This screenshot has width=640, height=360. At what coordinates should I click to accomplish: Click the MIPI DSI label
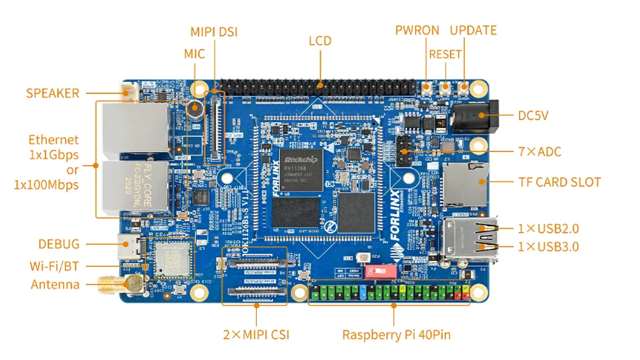click(x=213, y=32)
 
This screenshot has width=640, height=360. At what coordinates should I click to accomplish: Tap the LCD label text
click(x=320, y=40)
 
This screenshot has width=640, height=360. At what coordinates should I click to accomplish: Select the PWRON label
click(x=417, y=30)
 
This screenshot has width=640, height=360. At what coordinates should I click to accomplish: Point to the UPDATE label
click(x=473, y=30)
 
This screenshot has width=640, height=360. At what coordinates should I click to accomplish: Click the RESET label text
click(x=445, y=54)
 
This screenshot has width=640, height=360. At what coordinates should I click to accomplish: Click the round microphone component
click(x=195, y=110)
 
